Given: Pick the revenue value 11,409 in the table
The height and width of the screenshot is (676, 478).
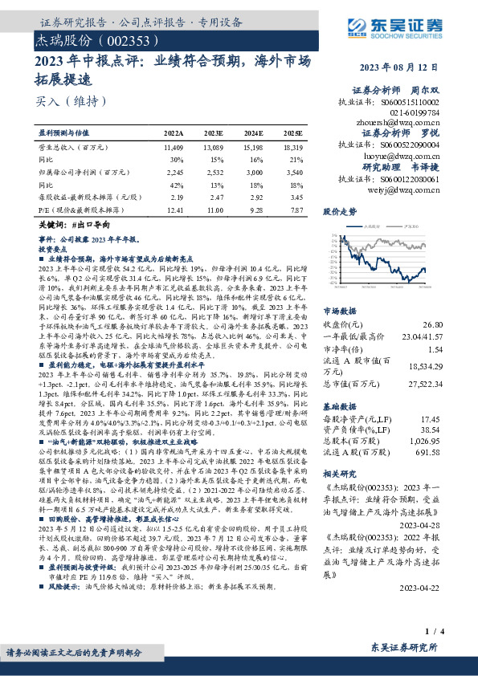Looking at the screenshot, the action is pyautogui.click(x=174, y=149).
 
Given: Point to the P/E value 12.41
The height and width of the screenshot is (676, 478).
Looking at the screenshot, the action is pyautogui.click(x=174, y=210).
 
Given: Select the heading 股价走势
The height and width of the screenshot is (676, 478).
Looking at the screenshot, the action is pyautogui.click(x=339, y=212).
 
